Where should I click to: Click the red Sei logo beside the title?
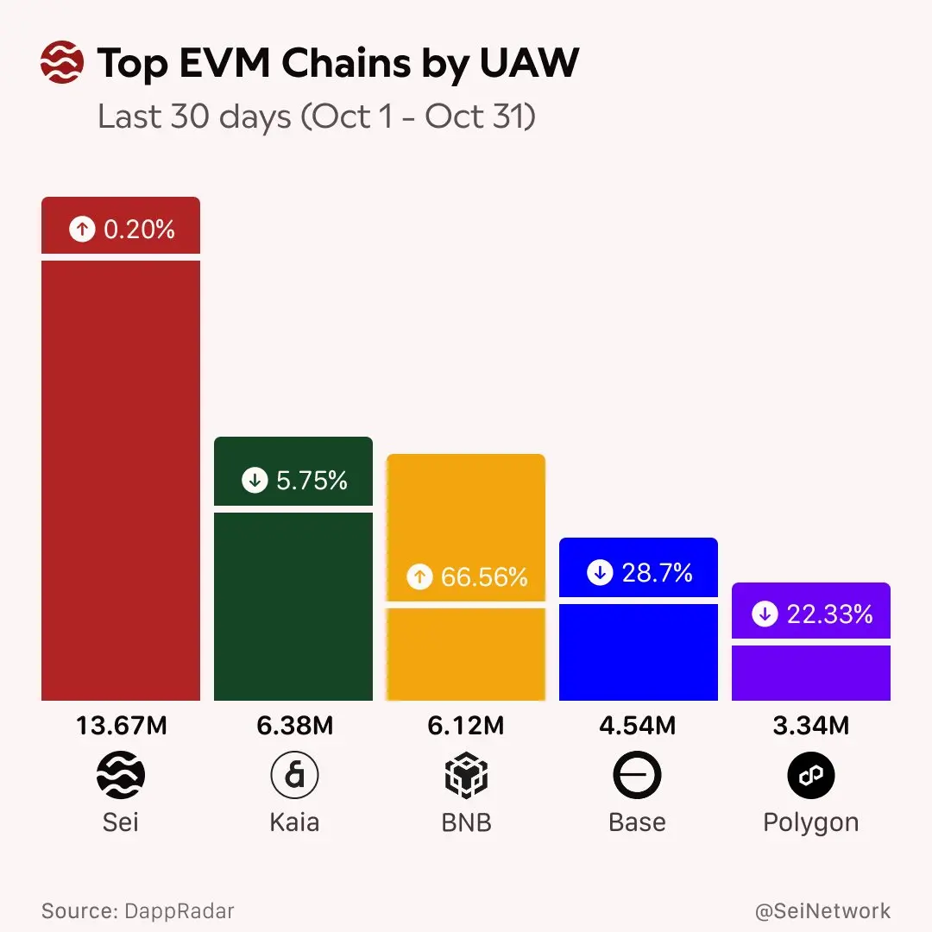(x=62, y=64)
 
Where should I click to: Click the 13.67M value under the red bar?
(x=121, y=727)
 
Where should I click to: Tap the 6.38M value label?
(x=294, y=727)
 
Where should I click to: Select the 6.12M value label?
(x=466, y=727)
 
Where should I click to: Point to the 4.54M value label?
(x=638, y=727)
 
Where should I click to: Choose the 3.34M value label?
(x=811, y=727)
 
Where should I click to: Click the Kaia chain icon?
(x=294, y=776)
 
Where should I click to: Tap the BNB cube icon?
(x=466, y=776)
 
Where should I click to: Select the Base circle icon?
(x=638, y=776)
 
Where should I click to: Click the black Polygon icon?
(x=811, y=776)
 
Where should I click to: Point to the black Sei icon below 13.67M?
(x=121, y=776)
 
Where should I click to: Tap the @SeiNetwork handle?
(x=822, y=911)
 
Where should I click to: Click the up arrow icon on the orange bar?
(x=419, y=576)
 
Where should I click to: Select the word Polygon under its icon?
(x=811, y=822)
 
